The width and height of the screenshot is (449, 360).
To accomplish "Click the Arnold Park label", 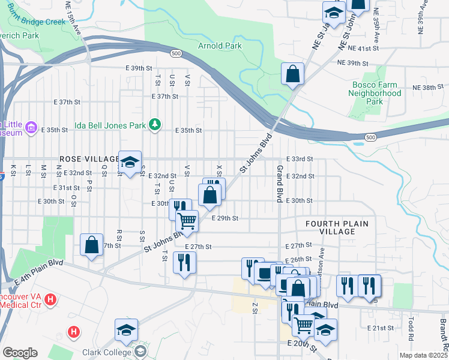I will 220,46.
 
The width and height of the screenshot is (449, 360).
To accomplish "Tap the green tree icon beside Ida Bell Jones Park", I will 155,125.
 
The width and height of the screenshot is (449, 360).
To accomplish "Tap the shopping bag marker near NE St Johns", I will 292,74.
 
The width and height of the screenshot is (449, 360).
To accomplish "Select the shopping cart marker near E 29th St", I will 187,221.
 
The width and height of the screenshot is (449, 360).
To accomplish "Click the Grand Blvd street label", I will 279,183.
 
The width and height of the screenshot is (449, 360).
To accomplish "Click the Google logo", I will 20,353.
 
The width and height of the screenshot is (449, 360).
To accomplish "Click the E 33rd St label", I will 300,158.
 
